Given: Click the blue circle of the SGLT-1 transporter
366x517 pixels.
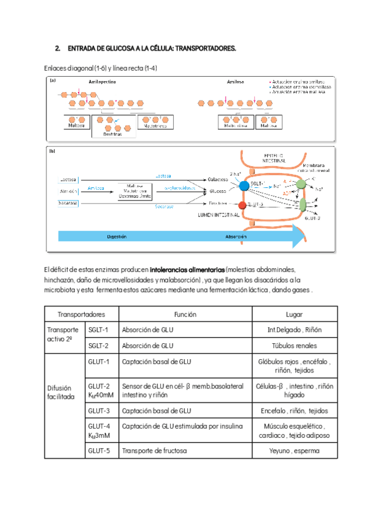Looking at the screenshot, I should [244, 185].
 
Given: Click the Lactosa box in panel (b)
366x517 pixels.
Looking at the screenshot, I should [68, 179].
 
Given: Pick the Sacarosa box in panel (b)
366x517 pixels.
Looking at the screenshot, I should [68, 203].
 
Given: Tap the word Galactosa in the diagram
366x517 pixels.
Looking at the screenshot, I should [218, 179].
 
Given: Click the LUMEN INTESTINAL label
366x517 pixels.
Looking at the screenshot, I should [217, 215].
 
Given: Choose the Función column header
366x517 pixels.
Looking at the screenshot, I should [184, 315].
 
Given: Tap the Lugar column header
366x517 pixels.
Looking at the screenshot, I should [295, 315].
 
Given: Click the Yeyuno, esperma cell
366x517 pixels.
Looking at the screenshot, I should [295, 451].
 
